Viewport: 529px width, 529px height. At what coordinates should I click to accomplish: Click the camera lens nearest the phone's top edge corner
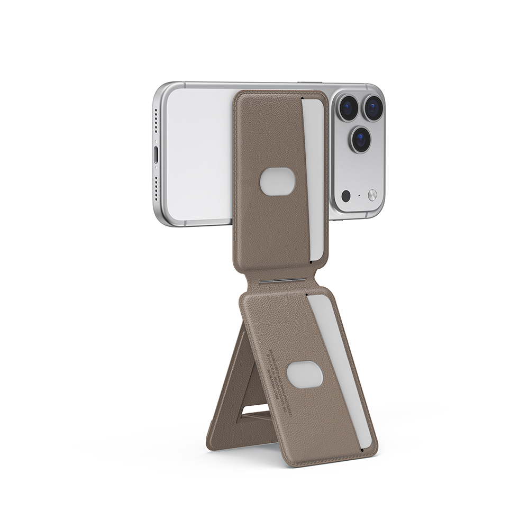pyautogui.click(x=374, y=108)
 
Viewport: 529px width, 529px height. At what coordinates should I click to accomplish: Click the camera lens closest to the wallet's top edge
pyautogui.click(x=348, y=108)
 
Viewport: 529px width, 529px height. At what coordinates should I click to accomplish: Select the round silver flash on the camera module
pyautogui.click(x=372, y=195)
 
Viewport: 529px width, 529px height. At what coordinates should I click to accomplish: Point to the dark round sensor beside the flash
pyautogui.click(x=346, y=196)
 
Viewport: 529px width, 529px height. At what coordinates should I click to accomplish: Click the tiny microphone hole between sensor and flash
pyautogui.click(x=359, y=196)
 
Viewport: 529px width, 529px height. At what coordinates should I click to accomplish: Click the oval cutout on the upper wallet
pyautogui.click(x=277, y=182)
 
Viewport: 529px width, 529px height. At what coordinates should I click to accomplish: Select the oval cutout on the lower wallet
pyautogui.click(x=305, y=375)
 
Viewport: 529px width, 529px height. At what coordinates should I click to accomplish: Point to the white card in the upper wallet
pyautogui.click(x=315, y=175)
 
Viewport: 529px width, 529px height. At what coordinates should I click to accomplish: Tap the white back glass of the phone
pyautogui.click(x=198, y=153)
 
